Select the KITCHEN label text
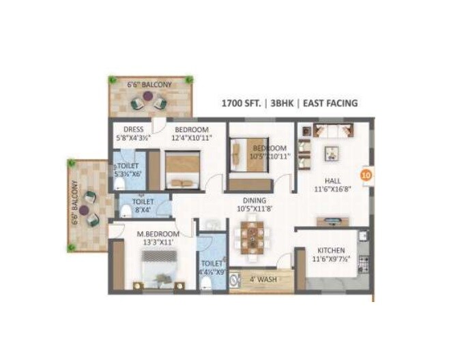pos(330,251)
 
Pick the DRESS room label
pos(132,130)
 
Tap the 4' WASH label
pos(263,278)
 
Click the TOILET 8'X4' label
pos(143,202)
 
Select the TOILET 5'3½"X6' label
pos(128,166)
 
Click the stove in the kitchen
pos(364,262)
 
